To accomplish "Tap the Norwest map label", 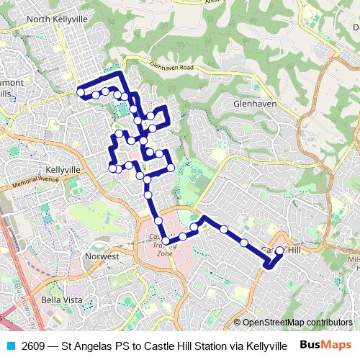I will (x=102, y=256).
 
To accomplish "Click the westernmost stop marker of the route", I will (x=80, y=92).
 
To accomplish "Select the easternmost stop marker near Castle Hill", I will (x=280, y=251).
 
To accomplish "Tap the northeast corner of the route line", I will (x=120, y=74).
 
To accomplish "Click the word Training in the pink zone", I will (x=165, y=245).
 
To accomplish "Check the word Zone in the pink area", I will (x=165, y=253).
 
